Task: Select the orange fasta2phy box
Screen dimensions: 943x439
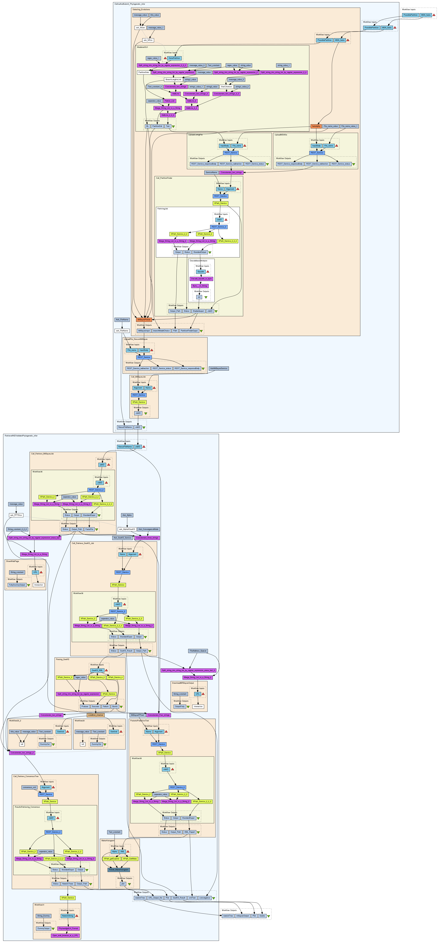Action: [x=316, y=126]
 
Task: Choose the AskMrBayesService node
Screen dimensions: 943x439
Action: [x=219, y=368]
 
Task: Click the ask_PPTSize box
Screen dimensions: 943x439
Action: [x=16, y=515]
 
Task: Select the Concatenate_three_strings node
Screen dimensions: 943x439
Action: [x=147, y=538]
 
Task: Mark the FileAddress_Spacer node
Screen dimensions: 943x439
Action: [x=198, y=651]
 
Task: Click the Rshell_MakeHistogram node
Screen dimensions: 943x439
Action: [x=119, y=869]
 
